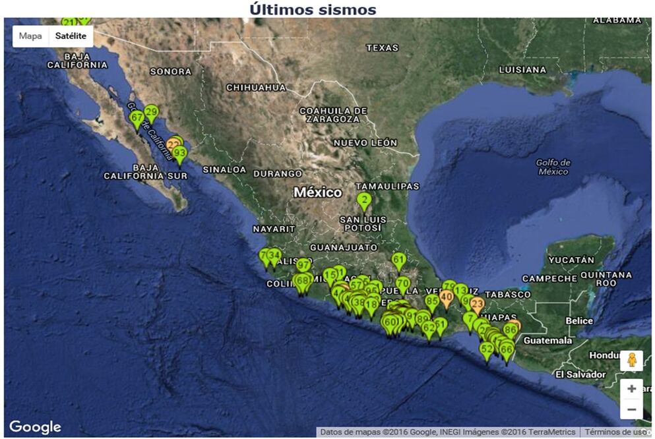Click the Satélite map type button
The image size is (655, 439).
71,36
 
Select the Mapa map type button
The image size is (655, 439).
30,36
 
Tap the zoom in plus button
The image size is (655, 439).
631,389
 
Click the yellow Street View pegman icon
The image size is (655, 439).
631,361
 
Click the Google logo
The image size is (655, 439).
35,427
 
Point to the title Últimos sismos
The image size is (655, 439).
313,9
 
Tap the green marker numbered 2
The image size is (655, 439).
363,200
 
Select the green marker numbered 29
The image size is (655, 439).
151,112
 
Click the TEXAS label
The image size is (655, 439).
383,47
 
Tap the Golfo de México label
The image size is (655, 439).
553,167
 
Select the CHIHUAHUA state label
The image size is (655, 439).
256,87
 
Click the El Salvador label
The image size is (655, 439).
580,374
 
